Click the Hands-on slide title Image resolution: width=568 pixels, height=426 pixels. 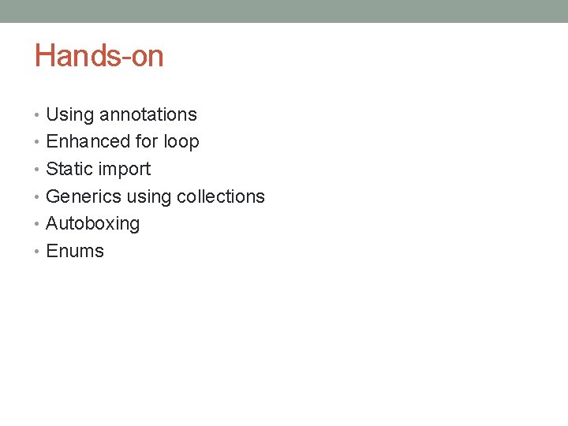[99, 56]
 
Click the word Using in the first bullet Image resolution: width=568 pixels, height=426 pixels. [70, 115]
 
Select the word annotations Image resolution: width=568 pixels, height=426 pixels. [148, 115]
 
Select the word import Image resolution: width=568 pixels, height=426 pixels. [125, 170]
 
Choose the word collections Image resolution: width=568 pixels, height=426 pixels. [221, 196]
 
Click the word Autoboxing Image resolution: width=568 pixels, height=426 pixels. [93, 224]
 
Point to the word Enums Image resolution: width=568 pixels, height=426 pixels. [75, 251]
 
